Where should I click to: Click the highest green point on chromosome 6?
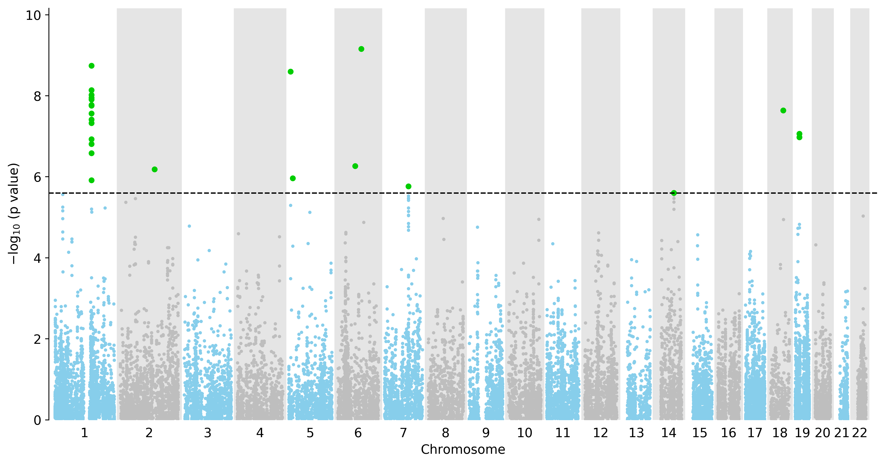(x=361, y=49)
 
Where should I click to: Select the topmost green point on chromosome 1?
(x=91, y=66)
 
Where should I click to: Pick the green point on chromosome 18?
(x=783, y=111)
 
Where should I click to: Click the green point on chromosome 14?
(x=674, y=193)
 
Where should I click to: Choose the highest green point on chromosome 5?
(x=291, y=72)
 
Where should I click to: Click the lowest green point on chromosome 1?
(x=91, y=180)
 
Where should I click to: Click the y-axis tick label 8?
(x=37, y=96)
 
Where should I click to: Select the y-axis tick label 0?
(x=37, y=420)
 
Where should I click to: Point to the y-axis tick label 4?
(x=37, y=258)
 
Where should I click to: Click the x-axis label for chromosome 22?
(x=860, y=433)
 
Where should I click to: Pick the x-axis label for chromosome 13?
(x=636, y=433)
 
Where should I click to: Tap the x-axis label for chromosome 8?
(x=446, y=433)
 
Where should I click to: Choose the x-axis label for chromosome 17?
(x=755, y=433)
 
